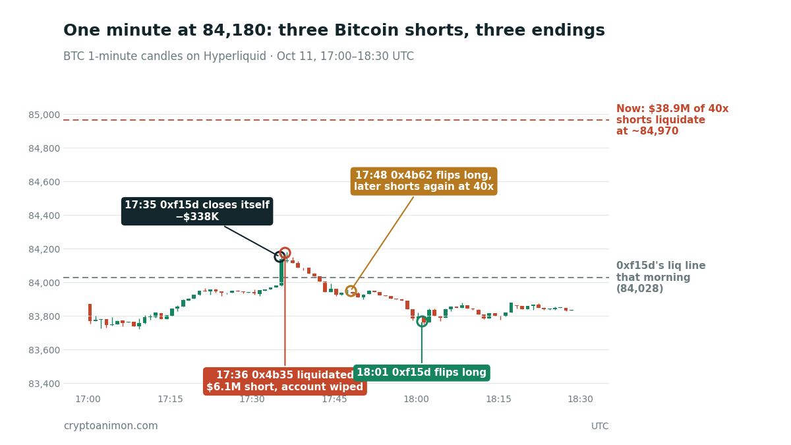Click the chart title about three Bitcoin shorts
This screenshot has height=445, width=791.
tap(334, 30)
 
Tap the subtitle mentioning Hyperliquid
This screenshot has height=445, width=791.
tap(239, 56)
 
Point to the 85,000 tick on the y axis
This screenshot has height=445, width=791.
tap(44, 115)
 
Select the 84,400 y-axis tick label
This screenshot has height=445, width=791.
tap(44, 216)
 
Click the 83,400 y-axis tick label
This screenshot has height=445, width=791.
tap(44, 384)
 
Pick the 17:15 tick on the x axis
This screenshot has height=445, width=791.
tap(170, 399)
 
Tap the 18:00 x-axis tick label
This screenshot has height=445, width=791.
tap(417, 399)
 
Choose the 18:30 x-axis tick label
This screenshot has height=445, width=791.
tap(580, 399)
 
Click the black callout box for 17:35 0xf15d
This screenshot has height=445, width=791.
tap(197, 211)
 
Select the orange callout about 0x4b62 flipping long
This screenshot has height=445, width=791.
tap(424, 181)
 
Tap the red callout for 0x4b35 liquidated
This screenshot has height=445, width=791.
tap(285, 381)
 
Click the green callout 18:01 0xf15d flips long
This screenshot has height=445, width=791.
tap(422, 372)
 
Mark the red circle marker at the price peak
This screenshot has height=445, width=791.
tap(285, 248)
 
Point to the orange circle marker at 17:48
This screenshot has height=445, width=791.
tap(351, 285)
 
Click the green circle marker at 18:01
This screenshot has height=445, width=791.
tap(422, 316)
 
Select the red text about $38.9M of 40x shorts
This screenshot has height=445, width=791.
tap(672, 120)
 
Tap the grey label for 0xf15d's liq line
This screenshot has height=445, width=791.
tap(660, 278)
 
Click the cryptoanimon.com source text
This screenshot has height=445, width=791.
tap(111, 426)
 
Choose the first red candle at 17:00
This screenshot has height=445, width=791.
tap(90, 312)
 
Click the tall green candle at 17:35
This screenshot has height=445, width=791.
tap(281, 272)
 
